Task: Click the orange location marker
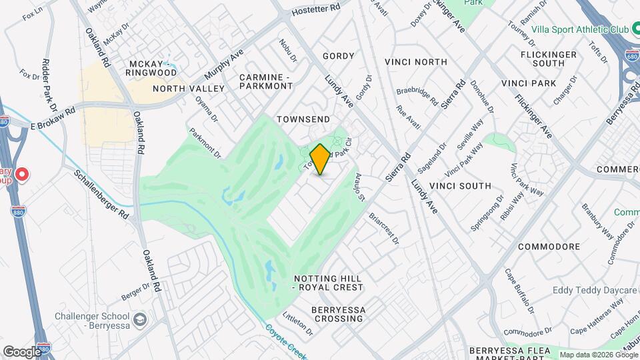(321, 159)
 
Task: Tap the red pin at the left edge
(22, 175)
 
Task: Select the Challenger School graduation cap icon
(140, 319)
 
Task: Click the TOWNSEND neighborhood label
(303, 119)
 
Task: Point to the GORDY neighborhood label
(338, 56)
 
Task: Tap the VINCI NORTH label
(416, 62)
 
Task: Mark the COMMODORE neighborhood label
(549, 247)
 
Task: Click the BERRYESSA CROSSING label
(337, 314)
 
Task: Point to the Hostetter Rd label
(317, 9)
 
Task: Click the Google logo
(21, 351)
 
